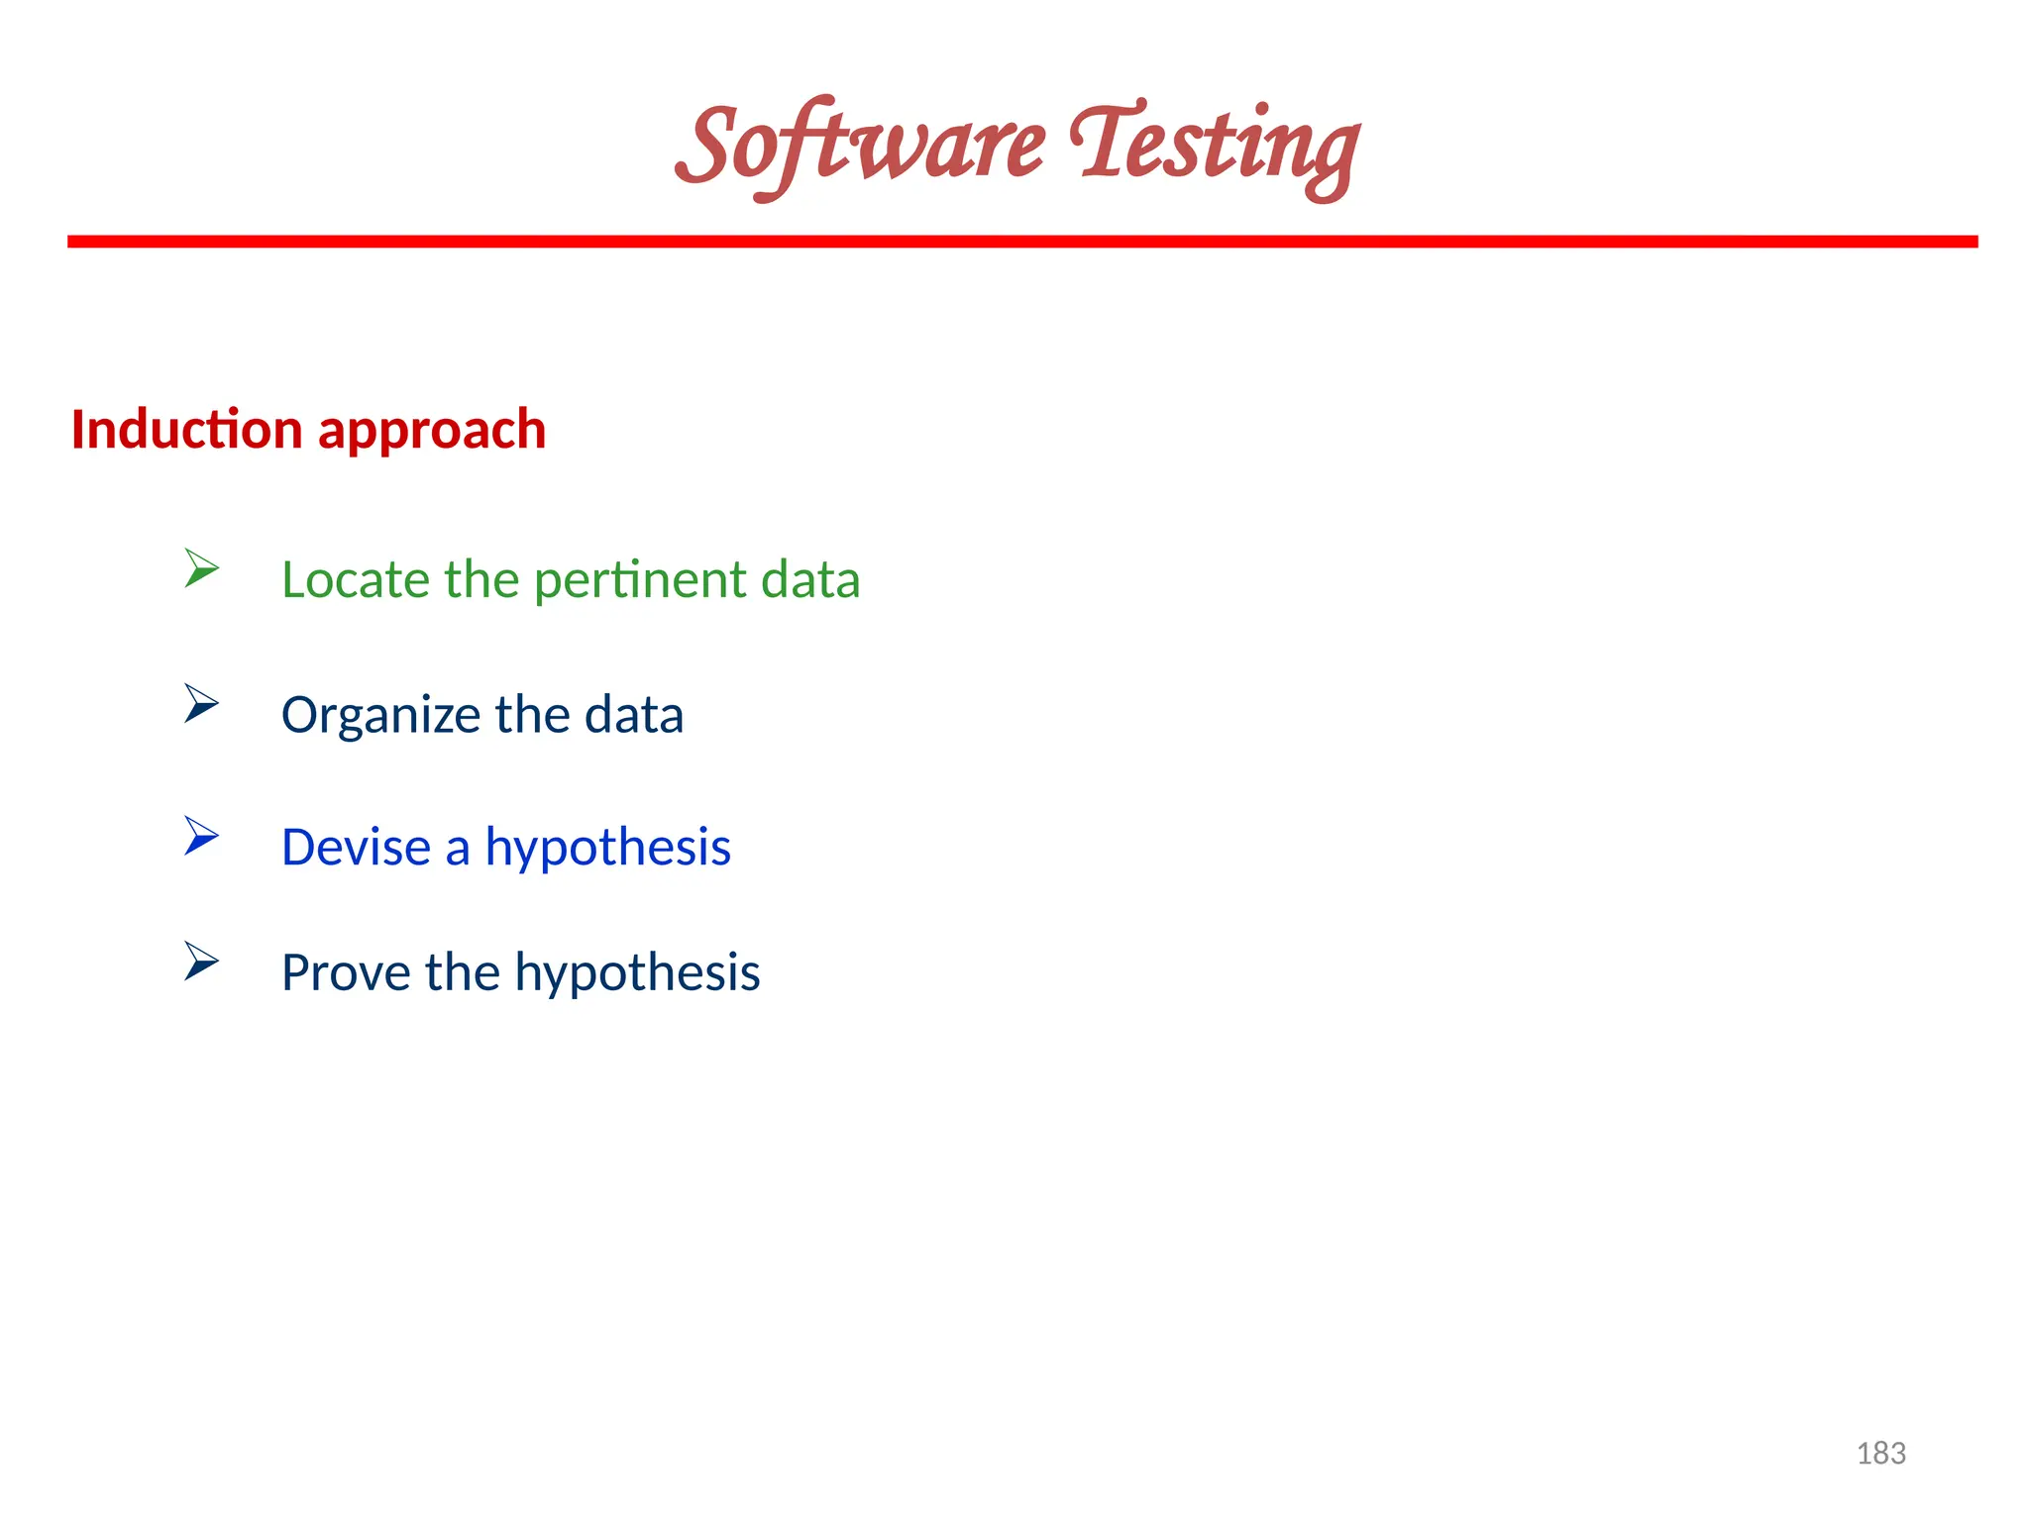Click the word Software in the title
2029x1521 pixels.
coord(860,147)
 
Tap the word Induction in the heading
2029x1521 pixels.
coord(186,430)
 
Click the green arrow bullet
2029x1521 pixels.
coord(201,568)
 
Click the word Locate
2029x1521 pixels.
coord(356,579)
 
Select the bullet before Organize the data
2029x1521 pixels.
coord(201,703)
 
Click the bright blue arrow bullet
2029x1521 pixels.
coord(201,836)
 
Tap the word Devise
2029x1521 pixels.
coord(356,848)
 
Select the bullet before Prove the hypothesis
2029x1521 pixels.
coord(201,961)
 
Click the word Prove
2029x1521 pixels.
coord(346,972)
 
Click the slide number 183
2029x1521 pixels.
coord(1880,1454)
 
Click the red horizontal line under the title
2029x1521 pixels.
coord(1022,242)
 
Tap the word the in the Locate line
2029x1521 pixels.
coord(481,579)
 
